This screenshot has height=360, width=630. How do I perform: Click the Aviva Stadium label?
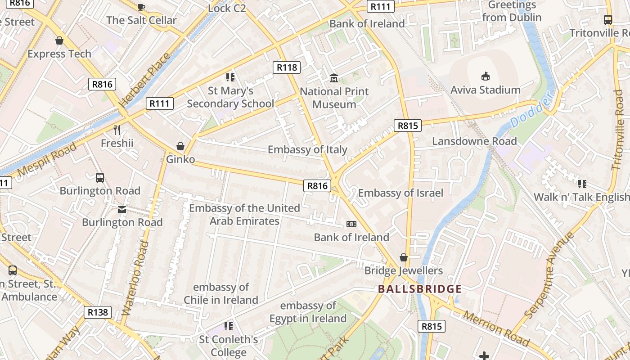click(x=486, y=90)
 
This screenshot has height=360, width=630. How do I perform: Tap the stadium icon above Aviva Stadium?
click(x=486, y=76)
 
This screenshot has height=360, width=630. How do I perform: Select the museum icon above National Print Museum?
click(x=334, y=78)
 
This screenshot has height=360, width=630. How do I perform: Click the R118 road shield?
click(x=287, y=67)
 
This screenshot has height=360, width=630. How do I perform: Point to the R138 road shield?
click(x=97, y=312)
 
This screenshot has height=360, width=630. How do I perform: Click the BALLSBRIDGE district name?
click(x=420, y=289)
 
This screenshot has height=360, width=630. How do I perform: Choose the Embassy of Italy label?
click(x=307, y=149)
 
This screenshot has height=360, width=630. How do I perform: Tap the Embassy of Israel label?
click(x=400, y=193)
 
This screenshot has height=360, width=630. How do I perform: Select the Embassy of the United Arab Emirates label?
click(x=244, y=215)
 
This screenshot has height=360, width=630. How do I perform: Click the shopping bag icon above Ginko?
click(x=180, y=146)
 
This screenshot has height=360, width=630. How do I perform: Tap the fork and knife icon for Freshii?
click(x=117, y=130)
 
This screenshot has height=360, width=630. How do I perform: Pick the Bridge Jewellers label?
click(x=404, y=270)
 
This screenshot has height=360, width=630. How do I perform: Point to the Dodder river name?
click(x=531, y=110)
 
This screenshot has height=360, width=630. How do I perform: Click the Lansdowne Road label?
click(x=474, y=141)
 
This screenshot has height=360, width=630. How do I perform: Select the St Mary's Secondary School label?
click(x=230, y=97)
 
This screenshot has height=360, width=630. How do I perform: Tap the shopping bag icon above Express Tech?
click(x=59, y=41)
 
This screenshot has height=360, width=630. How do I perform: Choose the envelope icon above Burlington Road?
click(x=122, y=209)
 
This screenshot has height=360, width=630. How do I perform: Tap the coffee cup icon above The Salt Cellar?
click(x=141, y=7)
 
